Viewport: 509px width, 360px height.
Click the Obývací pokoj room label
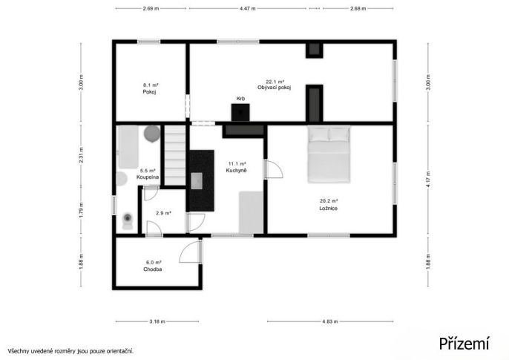pos(275,88)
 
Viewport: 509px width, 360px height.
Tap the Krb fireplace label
pos(240,99)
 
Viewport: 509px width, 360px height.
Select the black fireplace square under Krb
pos(240,112)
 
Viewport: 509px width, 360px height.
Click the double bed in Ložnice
pos(329,154)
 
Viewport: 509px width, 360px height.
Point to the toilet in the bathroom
pos(128,221)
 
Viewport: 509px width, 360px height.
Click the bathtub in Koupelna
pos(128,147)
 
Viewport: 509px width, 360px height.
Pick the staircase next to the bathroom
pos(175,155)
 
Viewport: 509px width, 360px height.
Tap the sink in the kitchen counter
pos(197,181)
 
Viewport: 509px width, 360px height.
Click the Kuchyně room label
pos(236,171)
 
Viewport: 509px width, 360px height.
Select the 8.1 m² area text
pos(151,85)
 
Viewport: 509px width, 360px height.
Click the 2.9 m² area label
pos(163,213)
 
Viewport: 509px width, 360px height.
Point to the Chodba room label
pos(153,269)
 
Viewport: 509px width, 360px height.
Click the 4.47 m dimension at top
pos(248,8)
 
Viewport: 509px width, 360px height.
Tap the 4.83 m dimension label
pos(330,321)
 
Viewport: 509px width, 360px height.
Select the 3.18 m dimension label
pos(157,321)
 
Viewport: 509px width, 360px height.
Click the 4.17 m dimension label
pos(429,179)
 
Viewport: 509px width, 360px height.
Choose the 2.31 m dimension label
pos(81,155)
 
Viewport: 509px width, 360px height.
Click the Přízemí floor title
pos(464,343)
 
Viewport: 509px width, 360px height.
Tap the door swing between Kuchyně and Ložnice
pos(274,169)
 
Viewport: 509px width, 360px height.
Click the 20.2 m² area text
pos(329,201)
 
